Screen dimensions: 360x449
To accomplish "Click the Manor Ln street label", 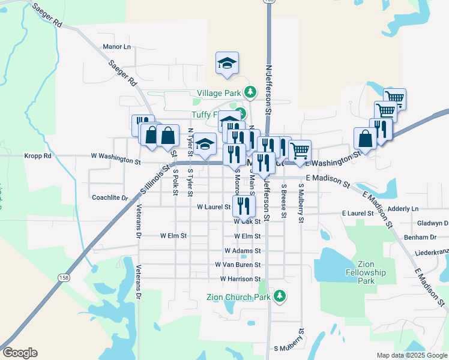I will click(x=116, y=47).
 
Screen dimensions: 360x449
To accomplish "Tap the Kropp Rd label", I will click(x=38, y=156).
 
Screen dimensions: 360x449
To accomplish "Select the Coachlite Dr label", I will click(x=110, y=197).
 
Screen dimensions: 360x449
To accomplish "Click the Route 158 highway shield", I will click(x=63, y=277).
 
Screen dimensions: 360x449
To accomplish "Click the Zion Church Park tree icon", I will click(x=279, y=296).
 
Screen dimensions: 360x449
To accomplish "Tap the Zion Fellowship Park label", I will click(x=371, y=272).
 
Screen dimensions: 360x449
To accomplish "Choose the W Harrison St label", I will click(x=240, y=279).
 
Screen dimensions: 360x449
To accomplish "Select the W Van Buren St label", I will click(x=238, y=265).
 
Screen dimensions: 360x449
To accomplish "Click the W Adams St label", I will click(x=243, y=251).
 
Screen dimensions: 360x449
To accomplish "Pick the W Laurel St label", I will click(x=214, y=207).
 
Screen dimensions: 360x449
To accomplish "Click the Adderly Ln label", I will click(x=403, y=209).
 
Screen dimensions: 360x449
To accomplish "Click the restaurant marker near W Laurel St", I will click(x=244, y=205).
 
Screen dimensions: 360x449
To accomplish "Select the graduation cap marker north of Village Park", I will click(x=228, y=63).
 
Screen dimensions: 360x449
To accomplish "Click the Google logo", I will click(x=20, y=353).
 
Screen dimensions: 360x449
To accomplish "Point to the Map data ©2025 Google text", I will click(x=411, y=355).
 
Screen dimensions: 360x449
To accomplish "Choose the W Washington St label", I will click(x=115, y=161).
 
